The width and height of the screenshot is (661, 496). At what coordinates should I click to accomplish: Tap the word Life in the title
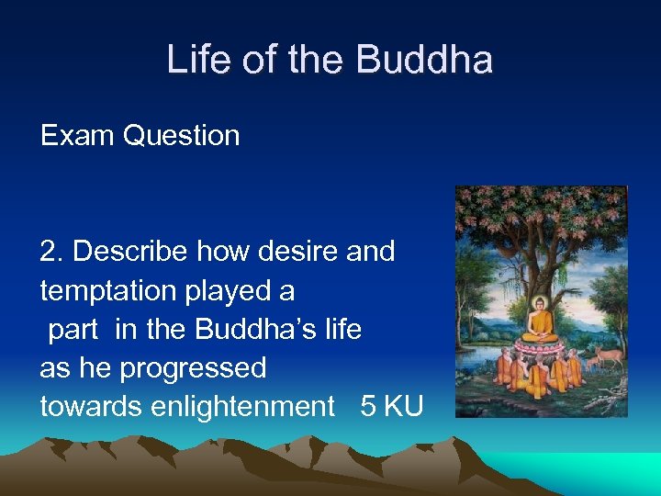199,61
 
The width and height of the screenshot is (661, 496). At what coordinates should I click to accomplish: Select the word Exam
78,136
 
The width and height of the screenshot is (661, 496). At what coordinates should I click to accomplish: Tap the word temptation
111,290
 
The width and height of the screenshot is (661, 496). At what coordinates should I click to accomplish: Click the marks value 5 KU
392,407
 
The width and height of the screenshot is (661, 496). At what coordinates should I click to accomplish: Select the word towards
82,407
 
